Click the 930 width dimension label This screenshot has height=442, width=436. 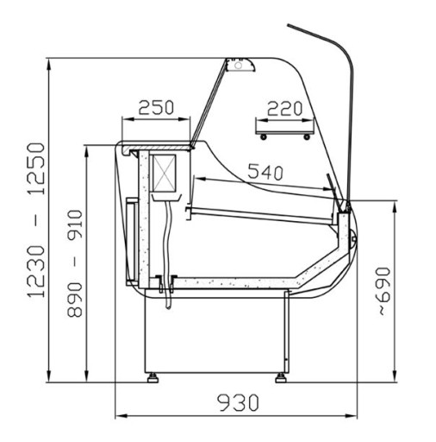click(238, 402)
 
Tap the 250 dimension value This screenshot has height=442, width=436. click(156, 108)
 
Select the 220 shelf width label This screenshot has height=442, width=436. click(284, 109)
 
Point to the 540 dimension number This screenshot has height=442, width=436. click(265, 172)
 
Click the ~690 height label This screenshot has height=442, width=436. click(383, 291)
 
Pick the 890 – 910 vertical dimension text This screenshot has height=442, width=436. click(75, 263)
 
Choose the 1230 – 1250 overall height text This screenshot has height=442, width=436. click(36, 220)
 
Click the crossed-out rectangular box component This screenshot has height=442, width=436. click(164, 174)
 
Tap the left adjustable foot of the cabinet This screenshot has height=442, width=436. click(153, 377)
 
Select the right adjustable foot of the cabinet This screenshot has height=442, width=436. click(281, 377)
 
